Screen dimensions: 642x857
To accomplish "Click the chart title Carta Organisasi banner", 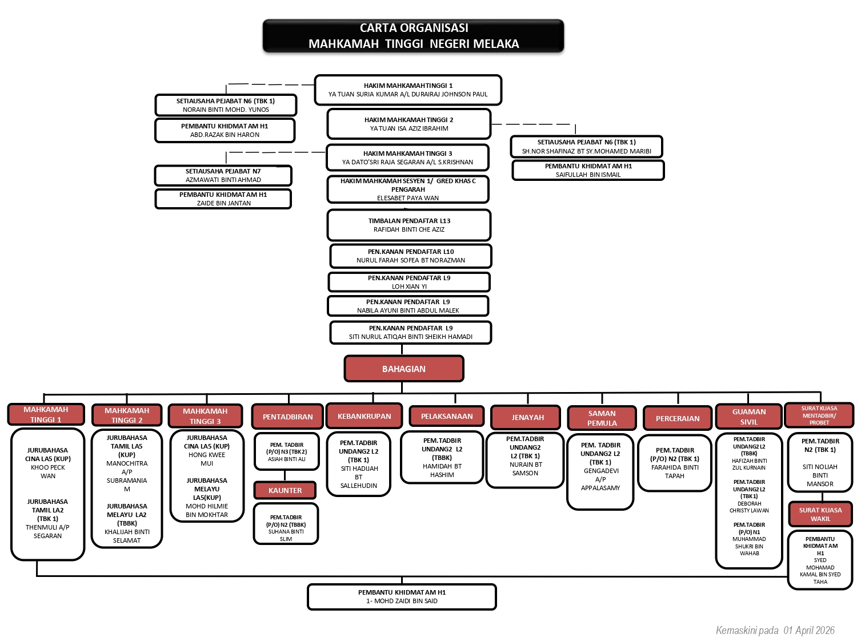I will [413, 36].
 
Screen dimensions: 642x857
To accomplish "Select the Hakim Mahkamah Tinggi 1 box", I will [408, 90].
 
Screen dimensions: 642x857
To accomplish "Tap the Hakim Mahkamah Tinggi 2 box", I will [409, 124].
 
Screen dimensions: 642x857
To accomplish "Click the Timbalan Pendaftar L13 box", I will [409, 225].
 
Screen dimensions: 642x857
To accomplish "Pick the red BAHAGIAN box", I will [404, 369].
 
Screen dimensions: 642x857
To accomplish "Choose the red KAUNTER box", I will [285, 490].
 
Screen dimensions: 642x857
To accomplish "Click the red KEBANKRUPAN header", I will [364, 416].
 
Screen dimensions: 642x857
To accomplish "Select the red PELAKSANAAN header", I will [447, 416].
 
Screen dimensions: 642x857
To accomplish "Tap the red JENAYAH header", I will [527, 417].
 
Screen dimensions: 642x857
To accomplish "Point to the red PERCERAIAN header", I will [678, 418].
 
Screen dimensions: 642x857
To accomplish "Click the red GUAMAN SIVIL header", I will [748, 417].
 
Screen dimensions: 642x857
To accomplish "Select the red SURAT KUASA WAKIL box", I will [820, 514].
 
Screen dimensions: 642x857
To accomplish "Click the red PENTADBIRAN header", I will [287, 417].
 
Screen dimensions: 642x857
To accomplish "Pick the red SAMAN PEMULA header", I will [602, 418].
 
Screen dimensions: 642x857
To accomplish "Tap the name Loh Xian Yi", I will [409, 286].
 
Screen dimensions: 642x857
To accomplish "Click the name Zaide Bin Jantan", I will [223, 203].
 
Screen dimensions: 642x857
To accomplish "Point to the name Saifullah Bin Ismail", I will [588, 175].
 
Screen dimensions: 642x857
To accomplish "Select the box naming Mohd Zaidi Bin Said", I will [402, 597].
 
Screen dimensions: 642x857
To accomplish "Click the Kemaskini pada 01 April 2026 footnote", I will [775, 630].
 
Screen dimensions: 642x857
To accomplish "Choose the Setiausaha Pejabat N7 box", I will [223, 175].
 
